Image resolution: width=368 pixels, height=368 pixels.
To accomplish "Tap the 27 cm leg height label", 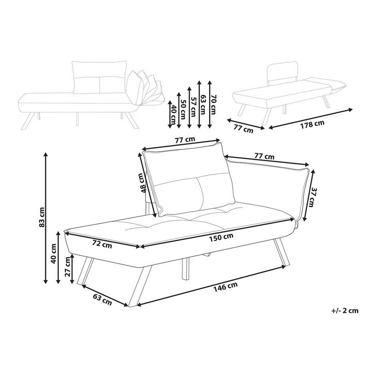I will click(67, 267).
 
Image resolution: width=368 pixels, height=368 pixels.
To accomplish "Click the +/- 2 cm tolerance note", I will click(345, 310).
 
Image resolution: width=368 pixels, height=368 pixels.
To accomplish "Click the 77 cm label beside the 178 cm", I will click(244, 130).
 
